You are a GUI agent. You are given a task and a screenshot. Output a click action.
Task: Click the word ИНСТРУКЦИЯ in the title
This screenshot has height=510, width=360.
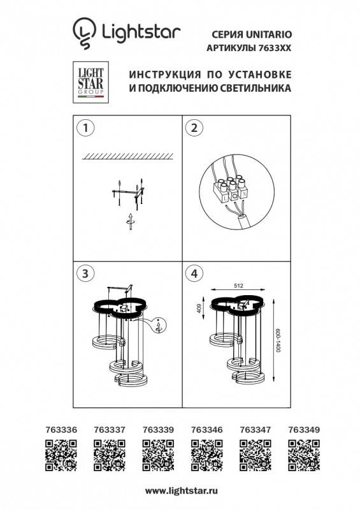(x=158, y=74)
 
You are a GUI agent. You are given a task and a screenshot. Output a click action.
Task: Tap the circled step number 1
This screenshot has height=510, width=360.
(x=82, y=127)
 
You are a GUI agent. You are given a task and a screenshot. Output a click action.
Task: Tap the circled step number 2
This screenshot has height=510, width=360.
(x=191, y=127)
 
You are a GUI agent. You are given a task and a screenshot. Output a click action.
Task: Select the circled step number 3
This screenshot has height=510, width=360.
(x=82, y=273)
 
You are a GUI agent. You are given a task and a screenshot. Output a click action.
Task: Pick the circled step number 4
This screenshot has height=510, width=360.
(x=191, y=273)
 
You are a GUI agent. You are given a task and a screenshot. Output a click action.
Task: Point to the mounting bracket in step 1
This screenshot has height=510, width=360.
(x=129, y=191)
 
